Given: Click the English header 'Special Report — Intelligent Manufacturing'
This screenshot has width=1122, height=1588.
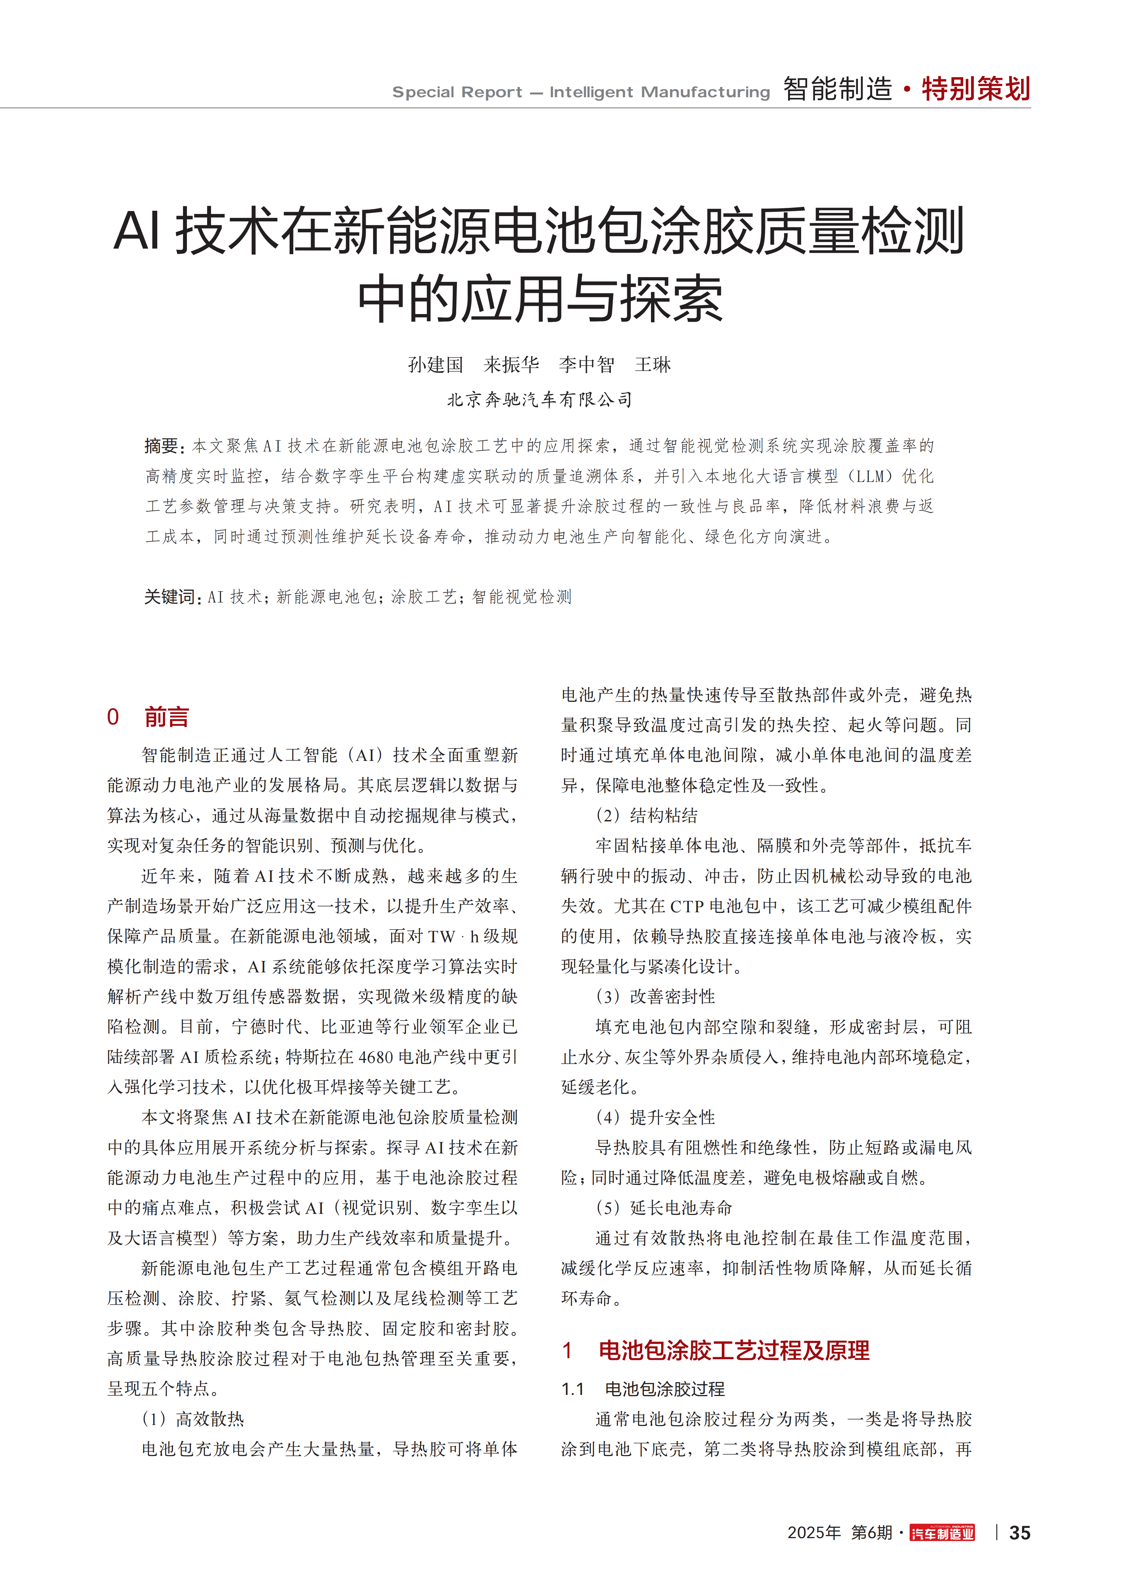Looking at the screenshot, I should [581, 92].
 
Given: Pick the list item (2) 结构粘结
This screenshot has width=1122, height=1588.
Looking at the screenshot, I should [646, 815].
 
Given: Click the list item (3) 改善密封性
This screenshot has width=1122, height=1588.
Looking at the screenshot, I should [656, 997].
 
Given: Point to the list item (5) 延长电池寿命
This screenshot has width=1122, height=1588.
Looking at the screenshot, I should [664, 1208].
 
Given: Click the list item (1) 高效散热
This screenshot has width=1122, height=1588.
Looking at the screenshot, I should [193, 1419].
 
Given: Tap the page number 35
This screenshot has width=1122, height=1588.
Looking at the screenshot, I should [1020, 1533].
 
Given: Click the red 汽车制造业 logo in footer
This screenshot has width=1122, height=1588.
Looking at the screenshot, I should [942, 1533].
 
